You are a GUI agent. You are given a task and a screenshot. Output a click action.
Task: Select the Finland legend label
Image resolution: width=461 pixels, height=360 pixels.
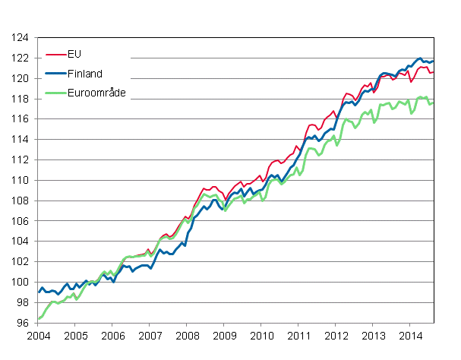click(85, 74)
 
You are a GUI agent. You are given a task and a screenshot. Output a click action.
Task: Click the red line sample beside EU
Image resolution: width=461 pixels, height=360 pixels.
click(55, 55)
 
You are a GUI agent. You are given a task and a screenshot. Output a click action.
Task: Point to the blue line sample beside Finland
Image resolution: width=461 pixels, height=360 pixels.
click(55, 74)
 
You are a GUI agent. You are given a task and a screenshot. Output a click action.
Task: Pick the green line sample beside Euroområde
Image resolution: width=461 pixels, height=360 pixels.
click(55, 93)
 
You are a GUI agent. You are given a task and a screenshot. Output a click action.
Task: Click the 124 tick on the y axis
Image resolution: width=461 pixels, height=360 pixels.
click(21, 38)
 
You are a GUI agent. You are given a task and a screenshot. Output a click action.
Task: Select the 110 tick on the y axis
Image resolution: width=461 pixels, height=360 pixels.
click(21, 181)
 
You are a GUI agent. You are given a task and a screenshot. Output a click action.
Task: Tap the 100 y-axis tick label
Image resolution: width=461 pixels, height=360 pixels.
click(21, 283)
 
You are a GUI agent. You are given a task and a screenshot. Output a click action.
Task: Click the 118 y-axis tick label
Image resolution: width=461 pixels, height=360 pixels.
click(21, 99)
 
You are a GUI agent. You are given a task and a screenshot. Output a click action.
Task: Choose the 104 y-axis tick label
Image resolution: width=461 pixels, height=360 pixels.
click(21, 242)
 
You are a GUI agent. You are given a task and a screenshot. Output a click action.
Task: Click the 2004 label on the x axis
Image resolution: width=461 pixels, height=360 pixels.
click(38, 335)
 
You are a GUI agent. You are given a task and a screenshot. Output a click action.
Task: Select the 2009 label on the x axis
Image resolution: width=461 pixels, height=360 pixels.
click(224, 335)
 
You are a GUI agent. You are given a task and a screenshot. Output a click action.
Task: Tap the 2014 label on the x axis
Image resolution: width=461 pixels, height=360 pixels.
click(410, 335)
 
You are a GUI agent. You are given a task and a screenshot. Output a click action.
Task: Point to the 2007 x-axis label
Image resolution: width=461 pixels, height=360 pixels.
click(150, 335)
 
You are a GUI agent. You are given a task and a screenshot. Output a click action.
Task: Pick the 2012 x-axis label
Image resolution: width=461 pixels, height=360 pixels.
click(336, 335)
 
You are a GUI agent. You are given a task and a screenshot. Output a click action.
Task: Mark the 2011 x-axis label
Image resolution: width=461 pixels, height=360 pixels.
click(298, 335)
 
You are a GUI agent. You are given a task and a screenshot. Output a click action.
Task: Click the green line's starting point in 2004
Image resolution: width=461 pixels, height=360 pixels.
click(39, 319)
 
